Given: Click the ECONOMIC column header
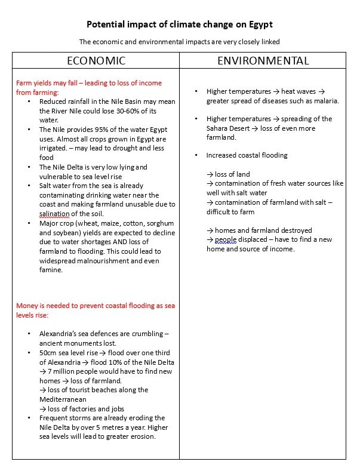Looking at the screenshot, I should pyautogui.click(x=96, y=61).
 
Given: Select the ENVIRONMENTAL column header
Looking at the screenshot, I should pyautogui.click(x=263, y=61).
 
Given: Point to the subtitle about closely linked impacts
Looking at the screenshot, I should pyautogui.click(x=179, y=42).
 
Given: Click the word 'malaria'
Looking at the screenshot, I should pyautogui.click(x=324, y=101).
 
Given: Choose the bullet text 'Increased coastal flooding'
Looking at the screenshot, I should pyautogui.click(x=247, y=155).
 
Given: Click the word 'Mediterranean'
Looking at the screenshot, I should pyautogui.click(x=63, y=399).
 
